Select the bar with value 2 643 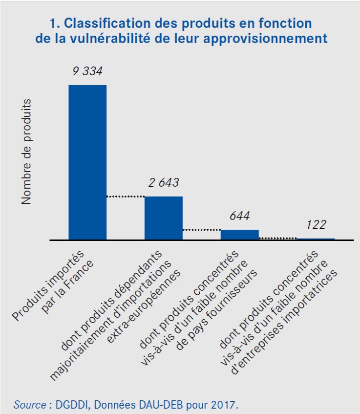pos(164,218)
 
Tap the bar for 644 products pos(240,235)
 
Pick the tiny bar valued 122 pos(316,239)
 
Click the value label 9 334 pos(87,71)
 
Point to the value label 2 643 pos(164,183)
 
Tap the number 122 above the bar pos(316,225)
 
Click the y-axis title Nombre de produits pos(26,152)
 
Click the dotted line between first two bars pos(126,196)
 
